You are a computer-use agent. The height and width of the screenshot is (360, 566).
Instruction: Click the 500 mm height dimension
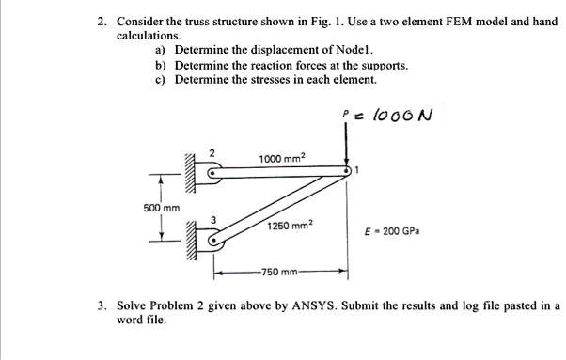[x=161, y=207]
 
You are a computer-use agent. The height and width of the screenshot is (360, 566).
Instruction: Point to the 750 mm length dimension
[x=280, y=274]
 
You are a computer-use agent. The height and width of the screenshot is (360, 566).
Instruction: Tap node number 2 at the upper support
[x=212, y=152]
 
